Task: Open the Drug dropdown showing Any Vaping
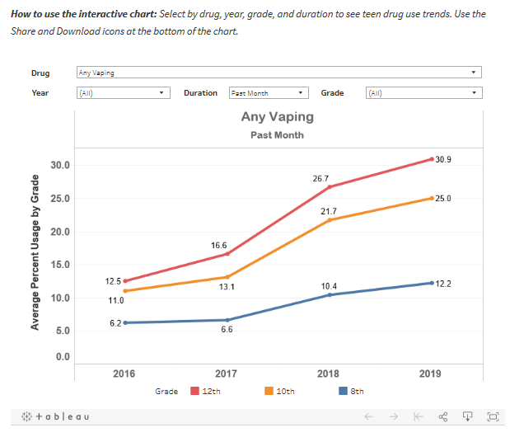279,73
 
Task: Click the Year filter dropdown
124,92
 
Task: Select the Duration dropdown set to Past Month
269,92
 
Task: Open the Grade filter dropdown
423,92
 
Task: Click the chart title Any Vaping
278,117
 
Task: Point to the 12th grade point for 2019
432,159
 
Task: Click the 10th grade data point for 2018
330,220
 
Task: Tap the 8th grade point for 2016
125,322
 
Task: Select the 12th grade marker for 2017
227,253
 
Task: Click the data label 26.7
321,179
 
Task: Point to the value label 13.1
227,287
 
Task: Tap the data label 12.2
443,284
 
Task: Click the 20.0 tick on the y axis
60,232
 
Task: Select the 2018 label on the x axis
328,374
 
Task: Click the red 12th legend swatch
194,391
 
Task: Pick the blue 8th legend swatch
343,391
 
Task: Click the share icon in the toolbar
443,416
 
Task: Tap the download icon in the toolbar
467,416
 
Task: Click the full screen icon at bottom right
493,416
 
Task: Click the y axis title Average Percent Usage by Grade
35,252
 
